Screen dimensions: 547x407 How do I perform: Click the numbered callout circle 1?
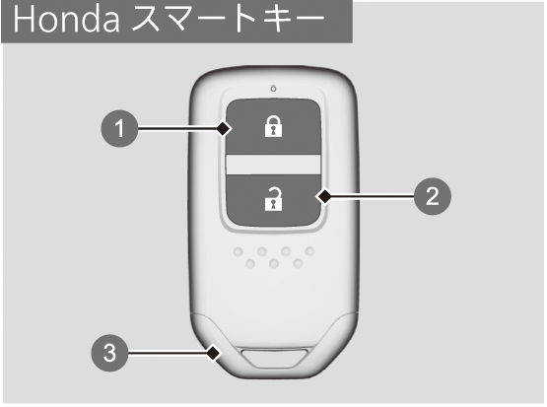(x=119, y=128)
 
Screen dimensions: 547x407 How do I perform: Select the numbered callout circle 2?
(x=433, y=196)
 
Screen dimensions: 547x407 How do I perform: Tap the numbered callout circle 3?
(x=109, y=353)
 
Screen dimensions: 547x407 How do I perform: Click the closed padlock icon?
(x=273, y=126)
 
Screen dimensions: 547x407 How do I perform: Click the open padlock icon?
(x=273, y=199)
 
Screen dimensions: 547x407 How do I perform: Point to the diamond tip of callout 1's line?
(x=223, y=129)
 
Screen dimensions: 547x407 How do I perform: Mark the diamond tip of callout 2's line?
(x=325, y=197)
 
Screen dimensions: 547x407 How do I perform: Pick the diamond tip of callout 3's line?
(x=213, y=353)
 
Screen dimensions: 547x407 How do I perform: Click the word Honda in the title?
(x=67, y=20)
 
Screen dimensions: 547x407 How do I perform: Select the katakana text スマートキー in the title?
(x=229, y=20)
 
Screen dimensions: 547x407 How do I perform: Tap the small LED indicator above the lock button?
(x=274, y=89)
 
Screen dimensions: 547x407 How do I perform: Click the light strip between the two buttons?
(x=273, y=165)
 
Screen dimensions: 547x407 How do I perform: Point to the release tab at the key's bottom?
(x=276, y=357)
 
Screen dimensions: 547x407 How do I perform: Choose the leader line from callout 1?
(x=176, y=129)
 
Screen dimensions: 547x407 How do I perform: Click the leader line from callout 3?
(x=167, y=353)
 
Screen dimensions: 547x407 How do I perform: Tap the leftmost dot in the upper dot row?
(x=239, y=251)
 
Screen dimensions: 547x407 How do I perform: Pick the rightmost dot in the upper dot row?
(x=309, y=250)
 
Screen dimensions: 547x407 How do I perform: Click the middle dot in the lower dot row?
(x=274, y=263)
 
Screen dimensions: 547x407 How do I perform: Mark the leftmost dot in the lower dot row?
(x=250, y=263)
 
